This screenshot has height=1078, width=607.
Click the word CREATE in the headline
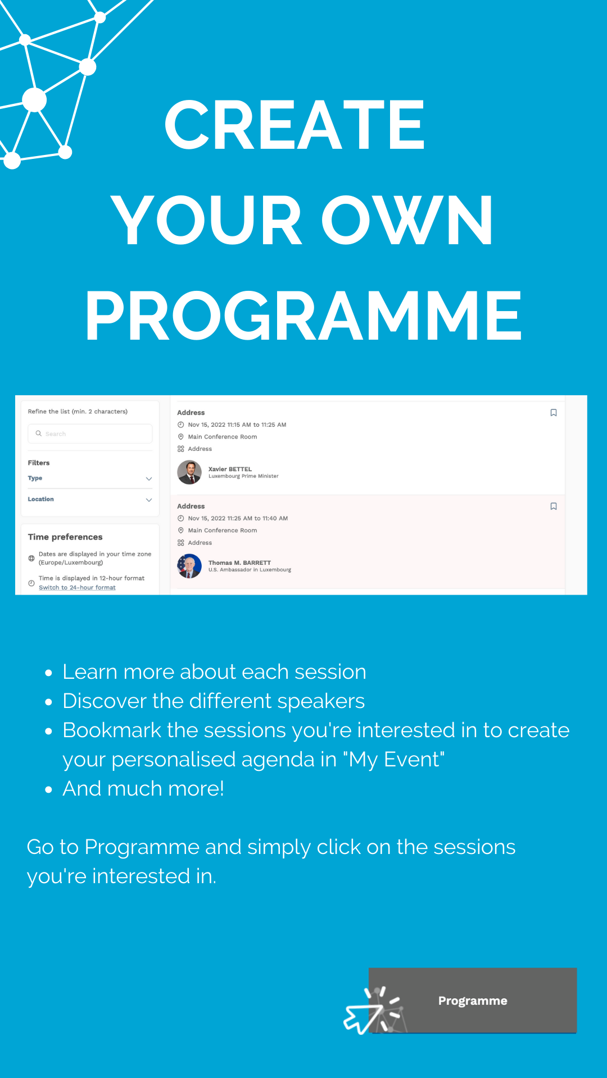tap(294, 125)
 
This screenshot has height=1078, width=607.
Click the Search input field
tap(90, 433)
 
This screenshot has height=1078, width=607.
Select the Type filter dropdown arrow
tap(149, 478)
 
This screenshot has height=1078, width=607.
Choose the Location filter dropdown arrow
tap(149, 500)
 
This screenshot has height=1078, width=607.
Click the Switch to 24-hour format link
tap(77, 587)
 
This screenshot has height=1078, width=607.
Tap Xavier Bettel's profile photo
tap(189, 472)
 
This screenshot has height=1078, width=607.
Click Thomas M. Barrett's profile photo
tap(189, 566)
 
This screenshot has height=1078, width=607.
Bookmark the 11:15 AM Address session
tap(554, 413)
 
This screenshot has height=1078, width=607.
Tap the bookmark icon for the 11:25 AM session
tap(554, 506)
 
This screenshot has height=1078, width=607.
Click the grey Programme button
tap(473, 1000)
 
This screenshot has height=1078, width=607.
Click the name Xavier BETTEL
tap(230, 469)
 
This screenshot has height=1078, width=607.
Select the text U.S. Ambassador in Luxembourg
tap(250, 569)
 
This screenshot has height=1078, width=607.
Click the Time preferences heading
tap(65, 537)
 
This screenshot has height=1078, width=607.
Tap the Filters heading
tap(39, 463)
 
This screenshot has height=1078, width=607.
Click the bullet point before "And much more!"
tap(49, 789)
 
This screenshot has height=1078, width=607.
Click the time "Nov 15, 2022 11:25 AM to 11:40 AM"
tap(238, 518)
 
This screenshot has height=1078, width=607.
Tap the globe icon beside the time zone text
tap(31, 558)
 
